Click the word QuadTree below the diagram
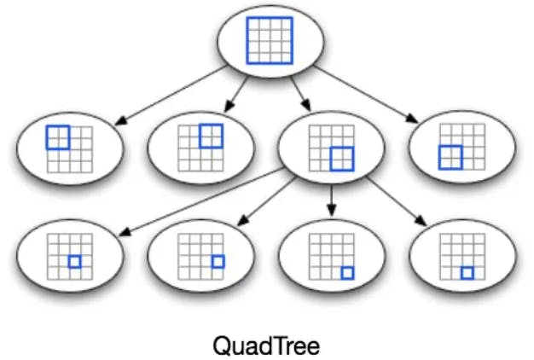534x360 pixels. [265, 346]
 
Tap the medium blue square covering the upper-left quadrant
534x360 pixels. [58, 136]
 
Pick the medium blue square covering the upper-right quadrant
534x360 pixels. [210, 136]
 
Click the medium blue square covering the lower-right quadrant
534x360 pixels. [341, 158]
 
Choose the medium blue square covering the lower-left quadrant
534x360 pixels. [450, 157]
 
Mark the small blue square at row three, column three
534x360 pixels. [75, 261]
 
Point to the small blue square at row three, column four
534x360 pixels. [218, 261]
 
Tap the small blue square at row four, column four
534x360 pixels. [347, 273]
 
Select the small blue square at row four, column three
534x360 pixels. [467, 273]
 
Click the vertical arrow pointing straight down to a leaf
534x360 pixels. [331, 201]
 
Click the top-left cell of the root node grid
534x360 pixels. [252, 24]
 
